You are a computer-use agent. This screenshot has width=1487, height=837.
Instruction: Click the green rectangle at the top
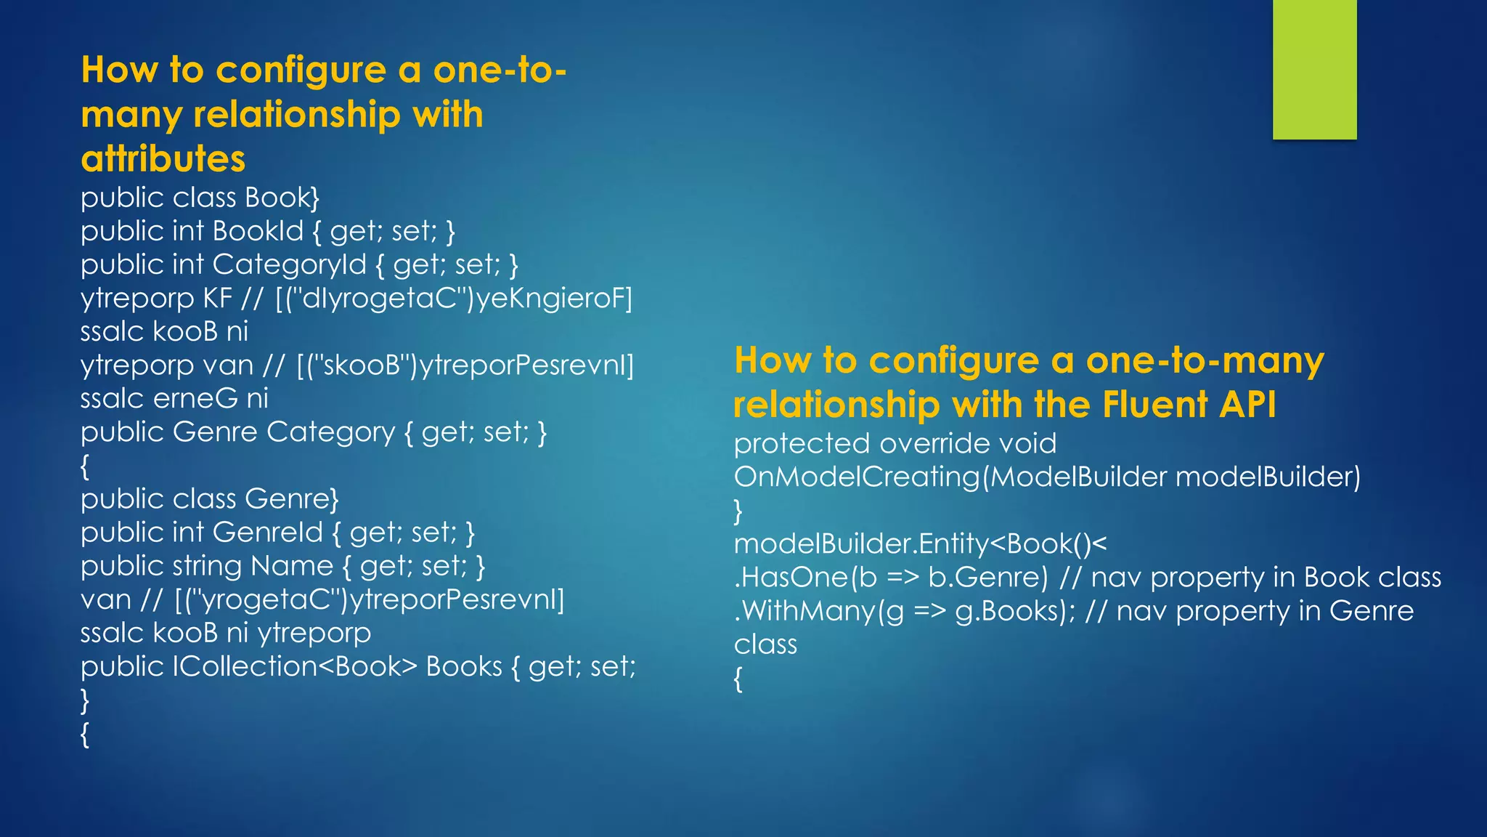[x=1314, y=69]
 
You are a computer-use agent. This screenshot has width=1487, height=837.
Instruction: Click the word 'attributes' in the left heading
[x=163, y=159]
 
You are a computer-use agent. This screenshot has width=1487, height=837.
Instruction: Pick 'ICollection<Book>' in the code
[x=295, y=666]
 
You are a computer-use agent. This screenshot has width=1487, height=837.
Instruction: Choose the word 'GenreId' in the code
[x=267, y=533]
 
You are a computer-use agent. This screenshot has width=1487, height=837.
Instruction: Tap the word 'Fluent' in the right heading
[x=1154, y=405]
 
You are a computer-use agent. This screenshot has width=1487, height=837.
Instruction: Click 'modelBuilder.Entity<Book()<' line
[x=920, y=543]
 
